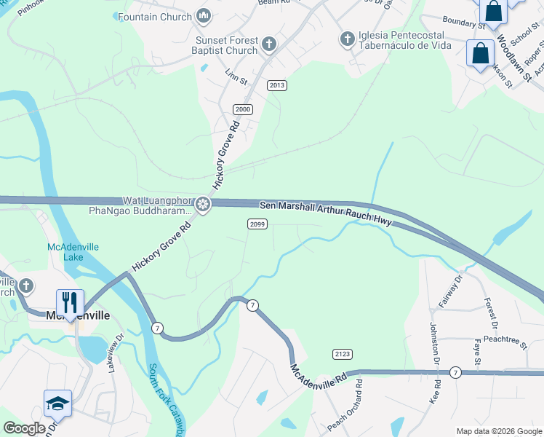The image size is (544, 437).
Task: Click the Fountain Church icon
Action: [x=204, y=16]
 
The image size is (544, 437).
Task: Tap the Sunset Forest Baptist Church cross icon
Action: [x=268, y=45]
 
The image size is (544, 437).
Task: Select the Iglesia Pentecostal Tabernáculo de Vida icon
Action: [x=348, y=38]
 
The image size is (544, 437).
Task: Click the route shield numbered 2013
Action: [x=276, y=85]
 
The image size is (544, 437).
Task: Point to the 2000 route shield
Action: [x=243, y=109]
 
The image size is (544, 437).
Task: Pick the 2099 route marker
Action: [x=256, y=224]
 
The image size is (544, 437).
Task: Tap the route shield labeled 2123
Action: [x=343, y=354]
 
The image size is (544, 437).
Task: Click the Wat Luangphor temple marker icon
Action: [x=204, y=205]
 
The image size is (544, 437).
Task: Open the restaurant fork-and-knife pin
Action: [x=70, y=302]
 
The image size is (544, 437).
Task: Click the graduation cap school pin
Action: [x=57, y=403]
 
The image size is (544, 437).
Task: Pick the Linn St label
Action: [x=232, y=74]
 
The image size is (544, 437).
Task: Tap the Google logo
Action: [x=24, y=428]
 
